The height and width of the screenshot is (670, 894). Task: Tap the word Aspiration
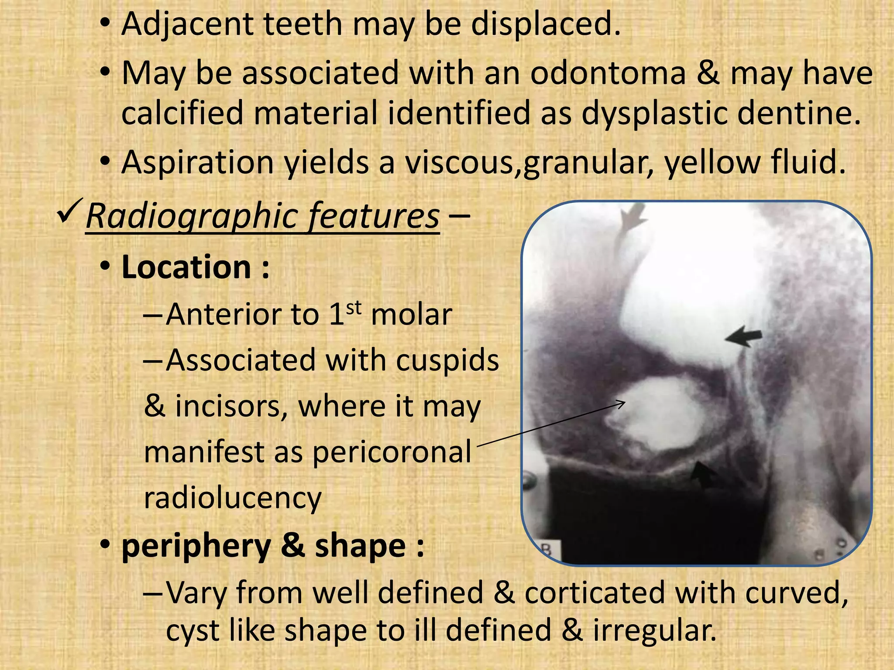click(197, 163)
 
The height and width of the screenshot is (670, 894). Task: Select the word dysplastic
click(654, 113)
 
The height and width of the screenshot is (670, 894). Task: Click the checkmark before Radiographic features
click(69, 211)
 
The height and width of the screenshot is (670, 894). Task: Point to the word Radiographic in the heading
click(188, 216)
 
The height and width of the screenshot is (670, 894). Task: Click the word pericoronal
click(392, 452)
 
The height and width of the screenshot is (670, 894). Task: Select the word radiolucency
click(233, 498)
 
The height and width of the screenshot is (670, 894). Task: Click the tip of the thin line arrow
click(625, 403)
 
